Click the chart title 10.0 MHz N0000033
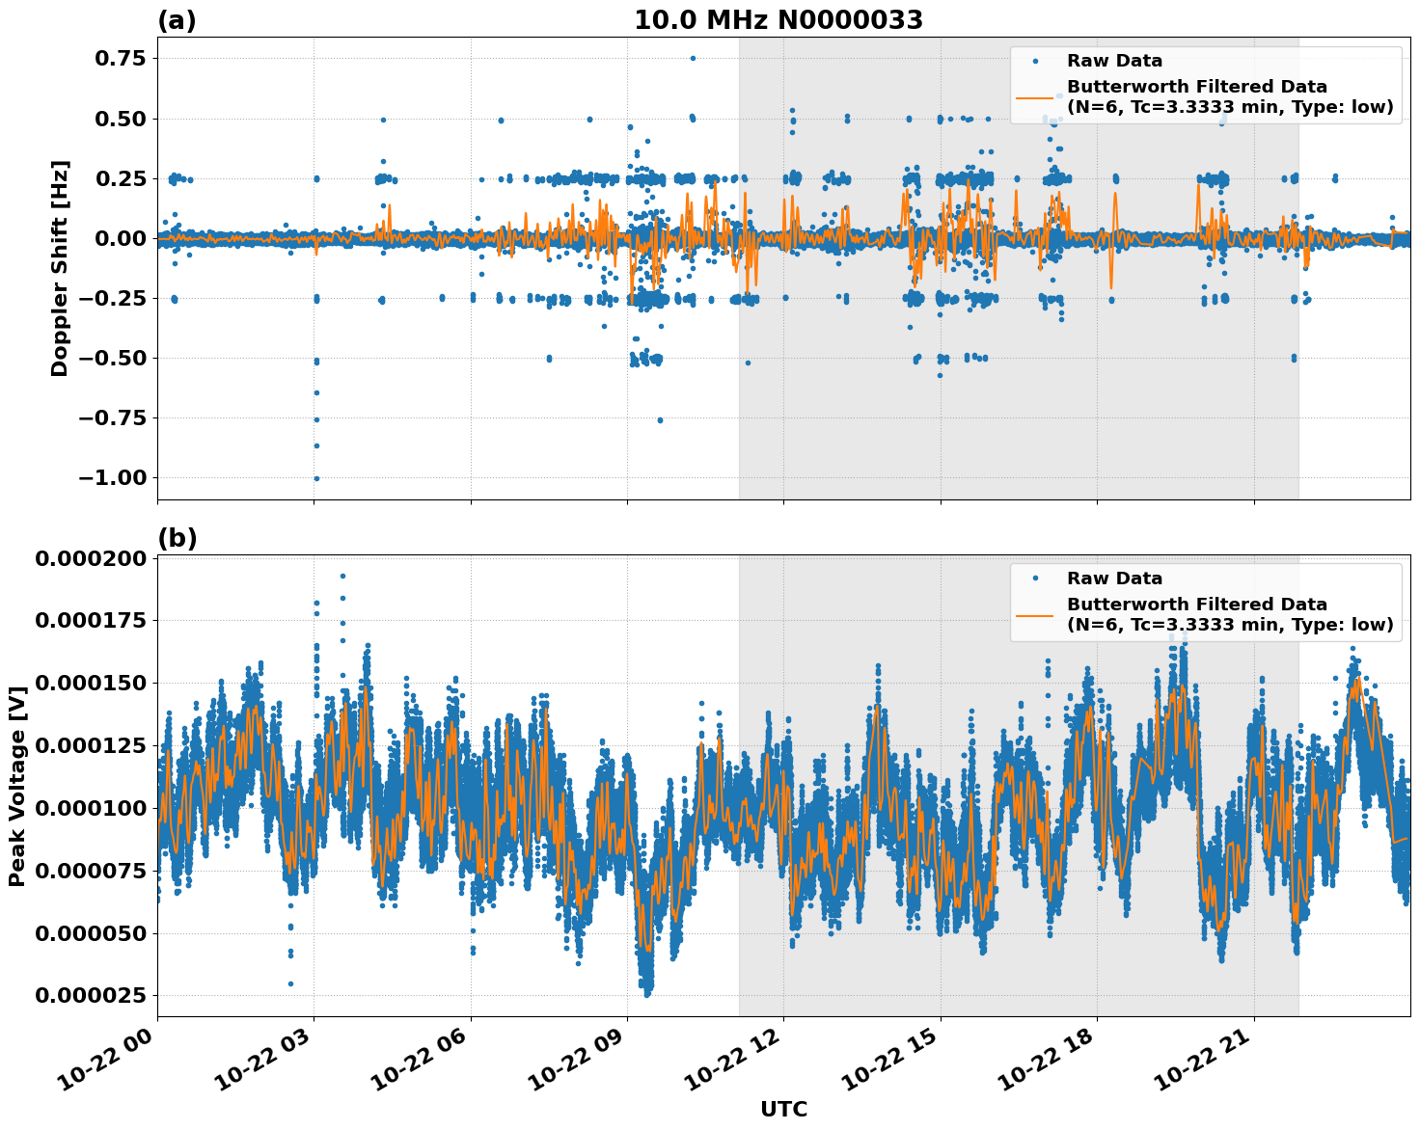pyautogui.click(x=778, y=20)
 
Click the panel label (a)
pyautogui.click(x=177, y=20)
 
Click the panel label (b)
pyautogui.click(x=177, y=538)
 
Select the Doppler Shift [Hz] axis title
pyautogui.click(x=60, y=268)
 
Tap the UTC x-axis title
pyautogui.click(x=783, y=1109)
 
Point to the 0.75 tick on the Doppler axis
pyautogui.click(x=120, y=58)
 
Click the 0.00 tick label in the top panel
pyautogui.click(x=120, y=238)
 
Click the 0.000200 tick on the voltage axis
pyautogui.click(x=92, y=559)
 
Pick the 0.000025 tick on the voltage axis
pyautogui.click(x=92, y=995)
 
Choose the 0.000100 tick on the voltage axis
pyautogui.click(x=92, y=808)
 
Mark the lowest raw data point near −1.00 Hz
pyautogui.click(x=315, y=478)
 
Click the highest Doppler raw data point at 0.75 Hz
pyautogui.click(x=693, y=58)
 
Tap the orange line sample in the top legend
pyautogui.click(x=1035, y=96)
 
